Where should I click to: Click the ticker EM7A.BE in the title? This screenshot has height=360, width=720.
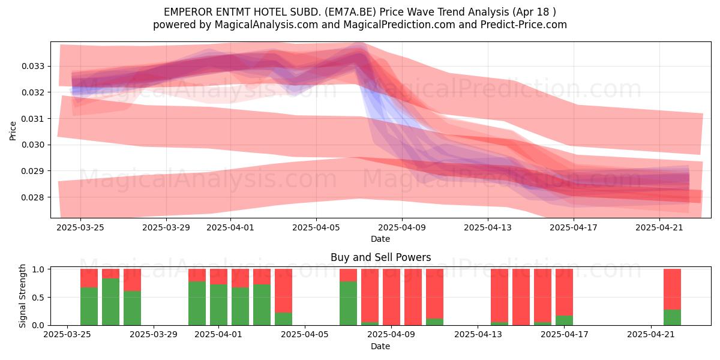pyautogui.click(x=352, y=12)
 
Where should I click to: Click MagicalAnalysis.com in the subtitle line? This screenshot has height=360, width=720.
pyautogui.click(x=266, y=25)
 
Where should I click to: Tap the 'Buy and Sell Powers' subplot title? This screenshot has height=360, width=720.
pyautogui.click(x=380, y=257)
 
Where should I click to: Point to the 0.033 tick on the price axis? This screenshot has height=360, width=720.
pyautogui.click(x=33, y=66)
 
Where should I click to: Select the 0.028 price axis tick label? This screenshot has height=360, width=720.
pyautogui.click(x=33, y=197)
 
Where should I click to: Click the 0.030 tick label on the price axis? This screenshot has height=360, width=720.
pyautogui.click(x=33, y=145)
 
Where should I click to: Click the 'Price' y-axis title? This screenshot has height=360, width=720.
pyautogui.click(x=13, y=131)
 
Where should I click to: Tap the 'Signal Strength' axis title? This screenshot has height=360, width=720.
pyautogui.click(x=22, y=296)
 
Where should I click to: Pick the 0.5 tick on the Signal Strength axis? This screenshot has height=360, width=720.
pyautogui.click(x=38, y=298)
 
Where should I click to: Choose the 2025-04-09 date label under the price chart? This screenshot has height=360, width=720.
pyautogui.click(x=402, y=227)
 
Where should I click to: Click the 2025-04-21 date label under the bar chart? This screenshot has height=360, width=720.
pyautogui.click(x=651, y=334)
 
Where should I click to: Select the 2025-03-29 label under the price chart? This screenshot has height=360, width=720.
pyautogui.click(x=166, y=227)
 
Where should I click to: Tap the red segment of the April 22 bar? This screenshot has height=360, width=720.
pyautogui.click(x=672, y=289)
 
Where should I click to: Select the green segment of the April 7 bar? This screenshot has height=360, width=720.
pyautogui.click(x=348, y=303)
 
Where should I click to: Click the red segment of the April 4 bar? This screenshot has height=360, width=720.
pyautogui.click(x=283, y=291)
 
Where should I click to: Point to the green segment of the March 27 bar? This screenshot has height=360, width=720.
pyautogui.click(x=110, y=302)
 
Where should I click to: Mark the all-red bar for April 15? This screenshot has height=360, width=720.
pyautogui.click(x=521, y=297)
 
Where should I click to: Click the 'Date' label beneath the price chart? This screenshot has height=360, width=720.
pyautogui.click(x=380, y=239)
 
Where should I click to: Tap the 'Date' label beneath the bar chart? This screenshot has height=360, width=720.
pyautogui.click(x=380, y=347)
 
